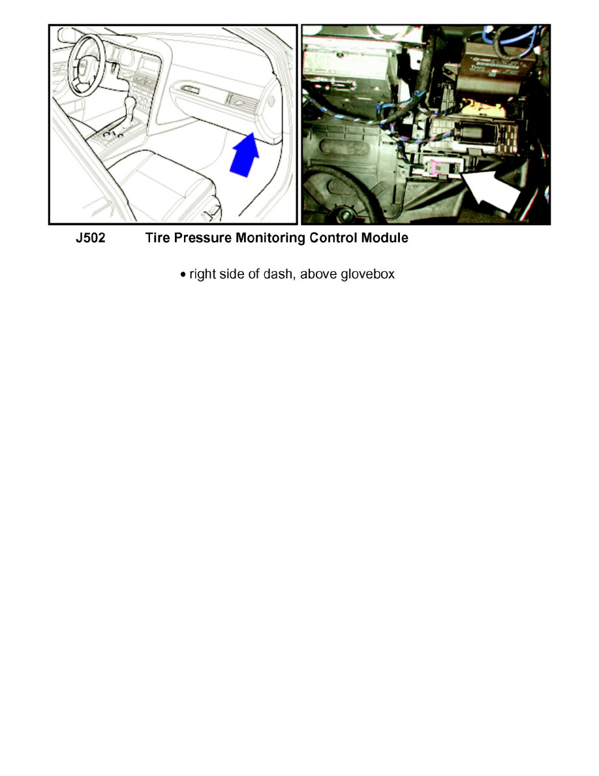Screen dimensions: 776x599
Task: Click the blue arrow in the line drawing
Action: click(245, 154)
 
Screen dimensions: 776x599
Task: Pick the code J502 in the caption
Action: click(90, 238)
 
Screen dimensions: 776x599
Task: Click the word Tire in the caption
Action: click(158, 238)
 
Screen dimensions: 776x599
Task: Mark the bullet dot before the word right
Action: click(183, 275)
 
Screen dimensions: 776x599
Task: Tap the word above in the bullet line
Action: click(318, 274)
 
